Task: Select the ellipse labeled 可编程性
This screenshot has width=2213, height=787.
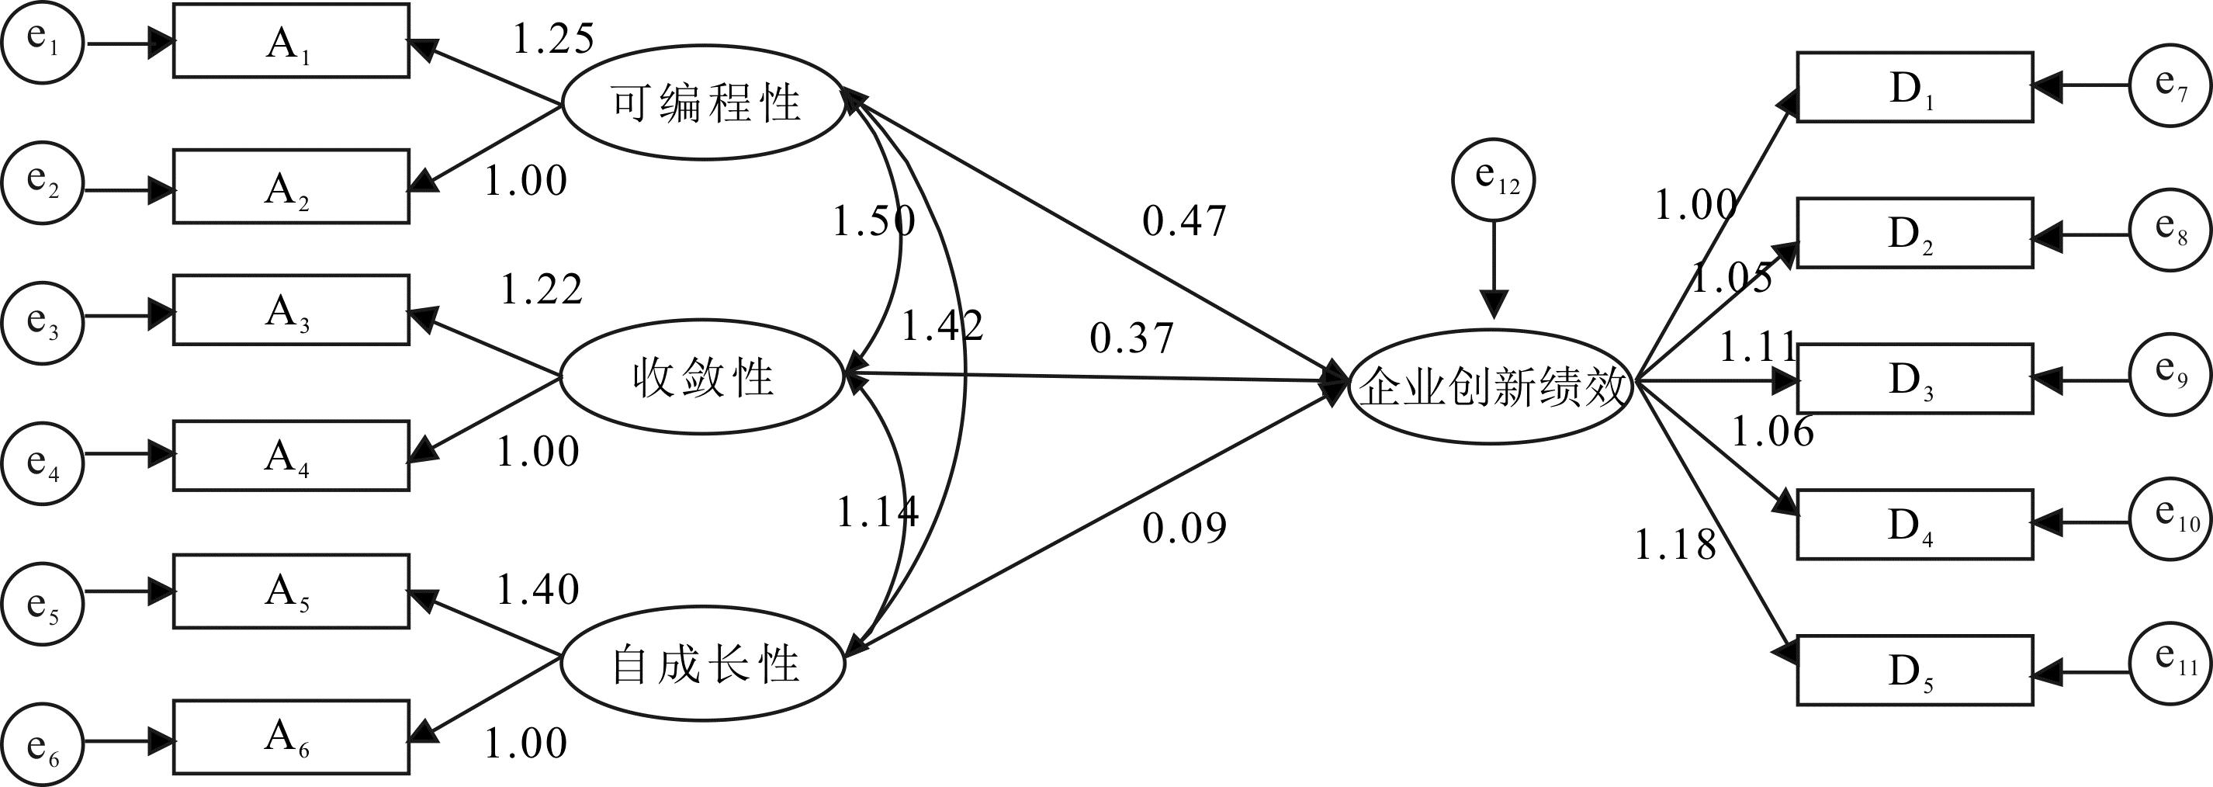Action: (x=704, y=103)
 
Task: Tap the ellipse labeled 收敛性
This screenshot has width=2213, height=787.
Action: (x=702, y=377)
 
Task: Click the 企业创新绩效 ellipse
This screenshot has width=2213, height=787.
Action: (x=1492, y=387)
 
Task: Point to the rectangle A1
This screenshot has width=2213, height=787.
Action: (x=290, y=41)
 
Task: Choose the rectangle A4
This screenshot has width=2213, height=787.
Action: (x=290, y=456)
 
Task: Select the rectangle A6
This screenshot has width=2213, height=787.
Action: (x=290, y=737)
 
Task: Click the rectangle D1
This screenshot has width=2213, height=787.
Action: (x=1914, y=87)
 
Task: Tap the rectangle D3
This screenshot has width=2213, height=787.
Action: (x=1914, y=378)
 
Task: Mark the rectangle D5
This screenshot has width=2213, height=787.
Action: (x=1914, y=670)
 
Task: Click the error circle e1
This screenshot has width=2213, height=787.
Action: (x=42, y=42)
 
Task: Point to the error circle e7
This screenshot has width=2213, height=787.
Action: (x=2171, y=85)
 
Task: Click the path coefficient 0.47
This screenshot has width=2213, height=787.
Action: (x=1184, y=222)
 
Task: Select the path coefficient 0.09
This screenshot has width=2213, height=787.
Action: (x=1184, y=528)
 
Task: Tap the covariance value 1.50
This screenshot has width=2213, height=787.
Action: (x=873, y=222)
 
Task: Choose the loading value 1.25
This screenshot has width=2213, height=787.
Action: (x=552, y=40)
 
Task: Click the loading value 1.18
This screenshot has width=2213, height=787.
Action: (x=1674, y=545)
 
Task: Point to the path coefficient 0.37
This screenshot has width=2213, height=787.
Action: (x=1131, y=338)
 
